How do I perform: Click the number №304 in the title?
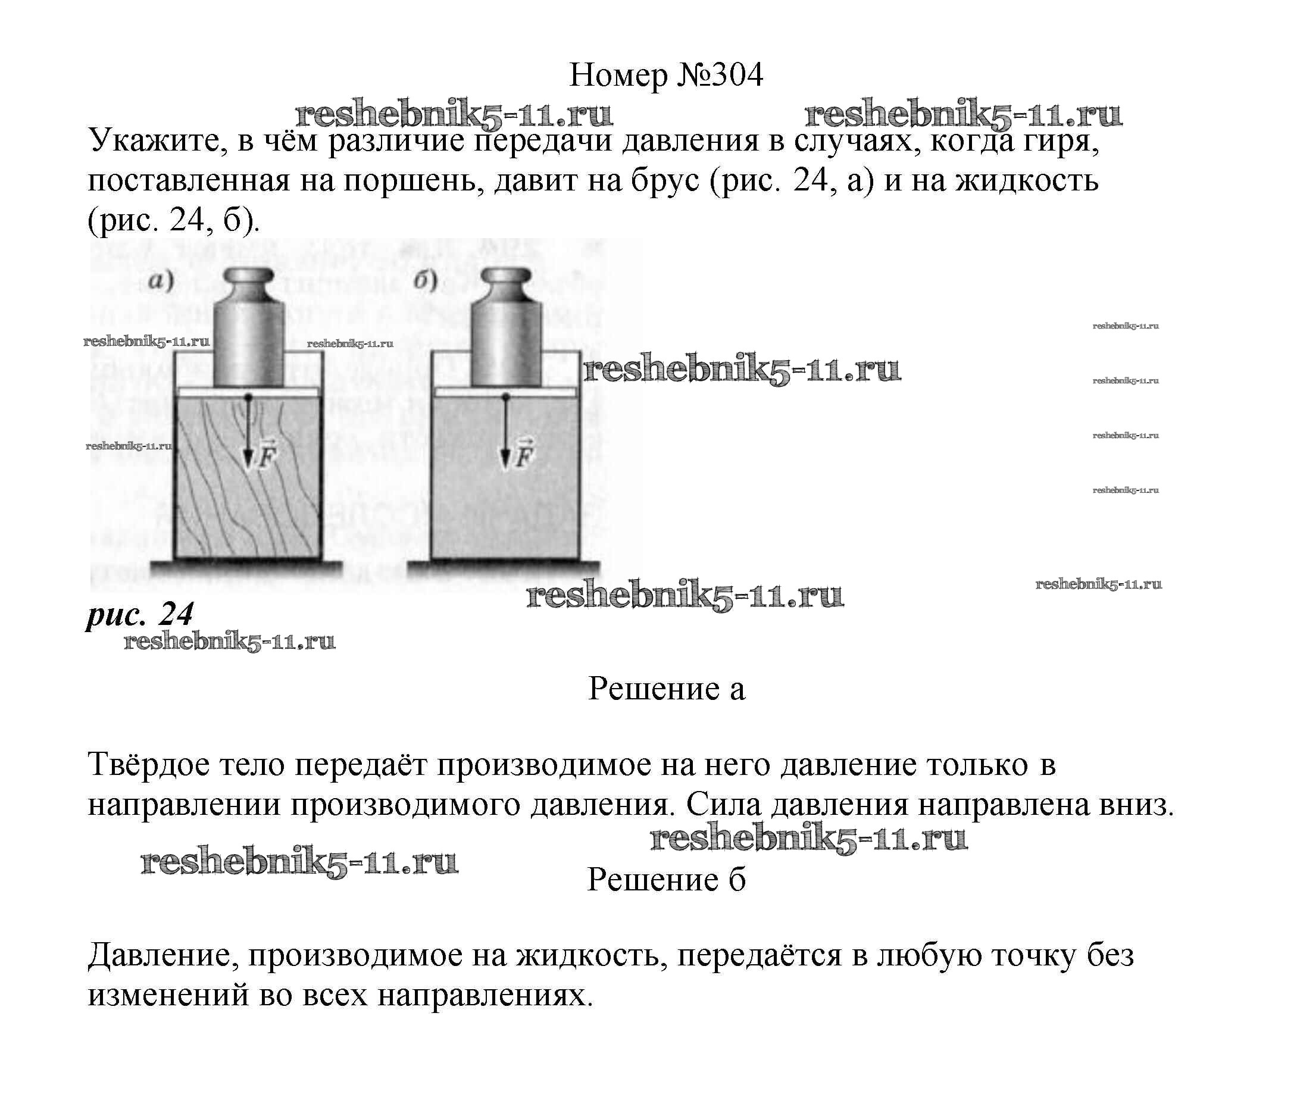720,76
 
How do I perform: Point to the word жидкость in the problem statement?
1027,181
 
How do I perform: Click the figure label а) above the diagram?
161,281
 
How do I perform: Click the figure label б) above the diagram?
426,281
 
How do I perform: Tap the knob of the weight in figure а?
249,277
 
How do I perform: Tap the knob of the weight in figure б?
507,277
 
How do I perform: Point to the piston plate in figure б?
506,392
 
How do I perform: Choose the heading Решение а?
667,689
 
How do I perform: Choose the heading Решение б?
667,880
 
